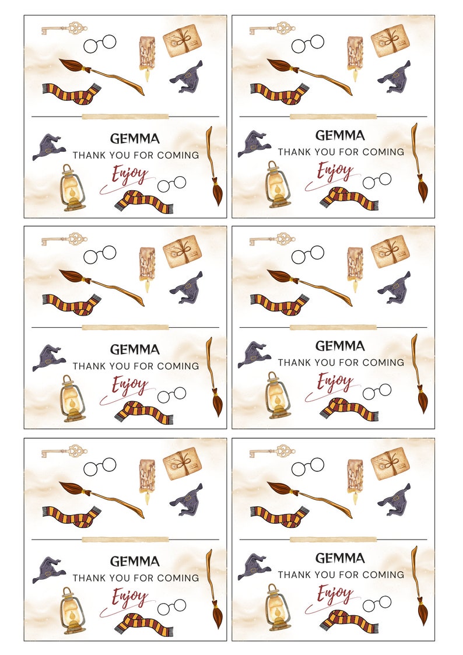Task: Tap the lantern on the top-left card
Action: pos(72,187)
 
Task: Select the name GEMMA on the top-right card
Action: pos(339,135)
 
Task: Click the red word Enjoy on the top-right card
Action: pos(335,171)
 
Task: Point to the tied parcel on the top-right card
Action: pos(390,40)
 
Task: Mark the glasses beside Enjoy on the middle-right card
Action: pos(377,391)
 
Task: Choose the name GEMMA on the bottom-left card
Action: pos(135,561)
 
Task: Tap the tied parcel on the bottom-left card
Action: pos(182,463)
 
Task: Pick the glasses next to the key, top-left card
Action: pos(100,43)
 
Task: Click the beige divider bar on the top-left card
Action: pos(125,117)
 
